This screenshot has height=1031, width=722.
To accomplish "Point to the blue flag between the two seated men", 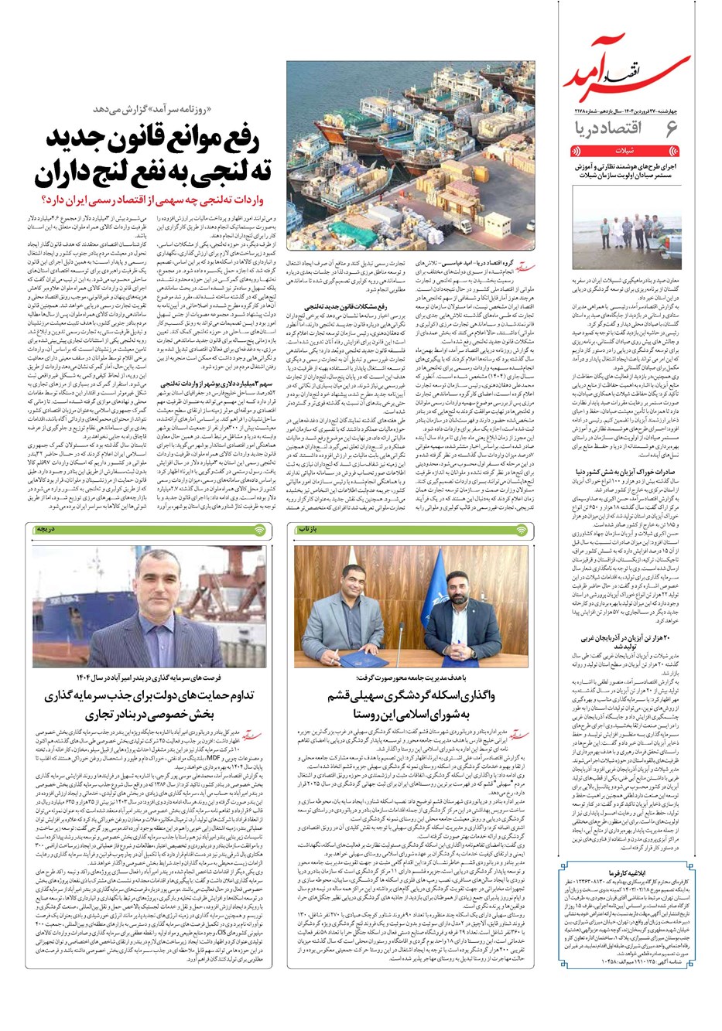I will point(411,580).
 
